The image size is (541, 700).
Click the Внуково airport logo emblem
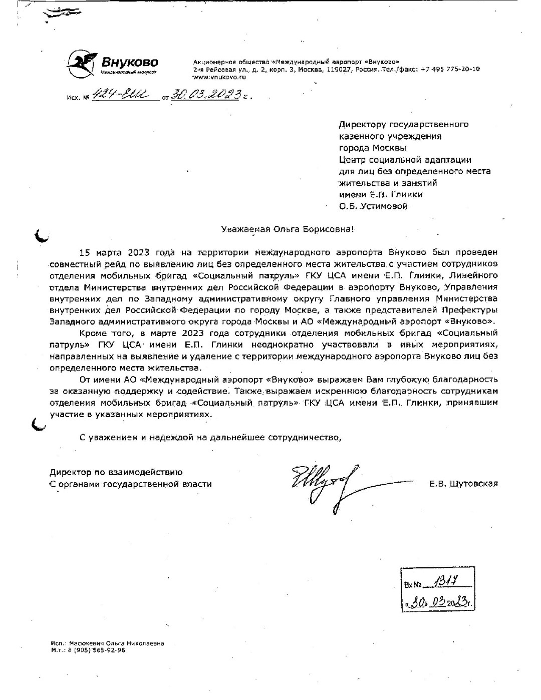(x=82, y=63)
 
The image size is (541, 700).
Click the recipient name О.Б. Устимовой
(x=373, y=206)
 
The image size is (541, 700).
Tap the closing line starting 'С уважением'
(x=211, y=437)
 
